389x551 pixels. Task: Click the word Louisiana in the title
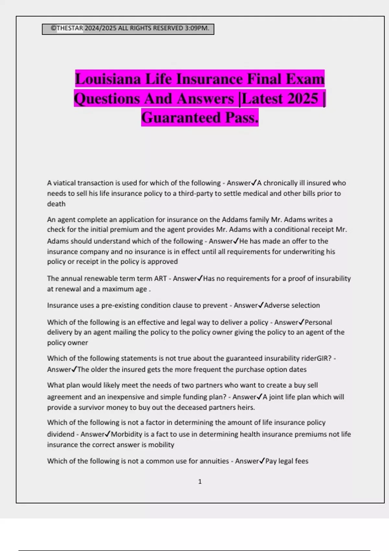(108, 79)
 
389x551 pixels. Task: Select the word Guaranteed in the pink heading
(181, 117)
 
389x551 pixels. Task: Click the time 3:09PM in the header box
(196, 28)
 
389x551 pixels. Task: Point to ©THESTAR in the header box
(67, 28)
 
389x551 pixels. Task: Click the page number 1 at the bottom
(200, 482)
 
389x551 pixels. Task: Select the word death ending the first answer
(56, 204)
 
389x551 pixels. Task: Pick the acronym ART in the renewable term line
(160, 279)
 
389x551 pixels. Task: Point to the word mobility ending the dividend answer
(161, 445)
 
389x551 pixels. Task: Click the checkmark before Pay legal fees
(262, 461)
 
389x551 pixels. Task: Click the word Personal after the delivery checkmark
(318, 322)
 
